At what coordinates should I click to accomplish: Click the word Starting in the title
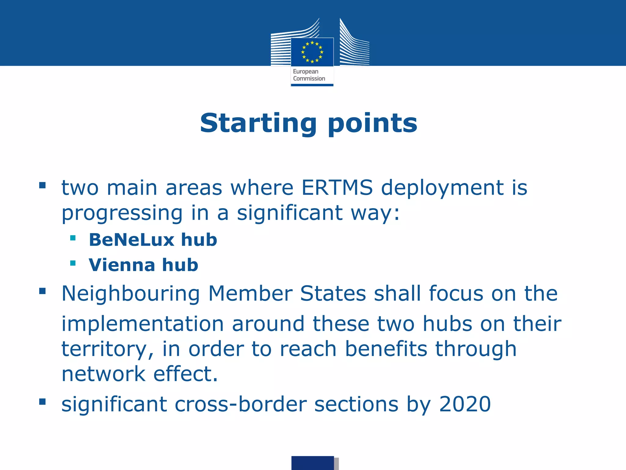pos(258,124)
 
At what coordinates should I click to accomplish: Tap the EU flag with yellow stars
pos(312,52)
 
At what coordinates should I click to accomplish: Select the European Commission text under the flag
pos(309,75)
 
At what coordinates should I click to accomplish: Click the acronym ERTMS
pos(337,187)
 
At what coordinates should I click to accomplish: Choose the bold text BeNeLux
pos(132,240)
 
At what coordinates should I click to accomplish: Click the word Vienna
pos(122,265)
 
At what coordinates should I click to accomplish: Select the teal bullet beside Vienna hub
pos(73,263)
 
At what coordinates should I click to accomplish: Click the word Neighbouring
pos(131,294)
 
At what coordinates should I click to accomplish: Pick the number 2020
pos(465,404)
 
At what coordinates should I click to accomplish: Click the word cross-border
pos(241,404)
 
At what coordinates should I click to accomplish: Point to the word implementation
pos(143,324)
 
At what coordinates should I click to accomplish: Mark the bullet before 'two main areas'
pos(42,185)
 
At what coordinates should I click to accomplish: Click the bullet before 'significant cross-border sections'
pos(42,401)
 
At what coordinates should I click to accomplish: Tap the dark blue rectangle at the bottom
pos(312,463)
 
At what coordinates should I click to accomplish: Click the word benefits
pos(386,349)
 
